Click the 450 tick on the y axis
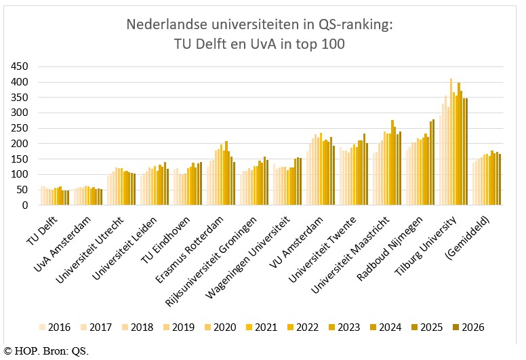click(x=20, y=66)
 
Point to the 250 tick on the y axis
click(x=20, y=128)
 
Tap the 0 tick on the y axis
click(x=25, y=205)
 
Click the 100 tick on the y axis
click(x=20, y=174)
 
